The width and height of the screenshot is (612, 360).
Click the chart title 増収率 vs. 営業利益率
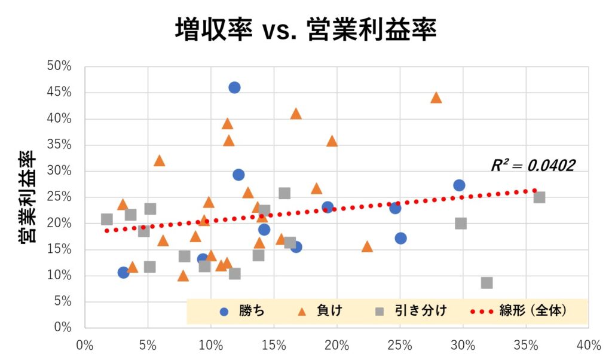click(305, 29)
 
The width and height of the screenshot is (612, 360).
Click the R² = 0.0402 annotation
click(533, 166)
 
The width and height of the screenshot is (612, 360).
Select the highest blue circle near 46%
click(234, 87)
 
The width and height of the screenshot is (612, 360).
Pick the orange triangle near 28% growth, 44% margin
click(436, 97)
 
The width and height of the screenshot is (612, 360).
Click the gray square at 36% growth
click(539, 197)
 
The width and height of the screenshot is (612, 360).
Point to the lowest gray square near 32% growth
click(487, 282)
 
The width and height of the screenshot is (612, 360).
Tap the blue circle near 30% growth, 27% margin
click(459, 185)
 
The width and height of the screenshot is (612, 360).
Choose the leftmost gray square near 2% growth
click(107, 219)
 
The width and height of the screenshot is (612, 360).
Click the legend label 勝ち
click(251, 311)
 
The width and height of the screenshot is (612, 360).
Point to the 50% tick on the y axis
click(59, 66)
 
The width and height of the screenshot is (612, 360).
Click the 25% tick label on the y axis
click(59, 197)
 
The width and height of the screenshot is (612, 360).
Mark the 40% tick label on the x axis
click(588, 345)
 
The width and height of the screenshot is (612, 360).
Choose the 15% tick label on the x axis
click(273, 345)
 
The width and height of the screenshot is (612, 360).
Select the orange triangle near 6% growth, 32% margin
click(159, 160)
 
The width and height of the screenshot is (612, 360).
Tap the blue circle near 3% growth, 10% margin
click(124, 273)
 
